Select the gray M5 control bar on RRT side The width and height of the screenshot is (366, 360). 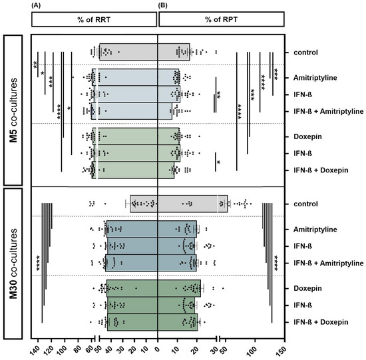(x=128, y=52)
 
